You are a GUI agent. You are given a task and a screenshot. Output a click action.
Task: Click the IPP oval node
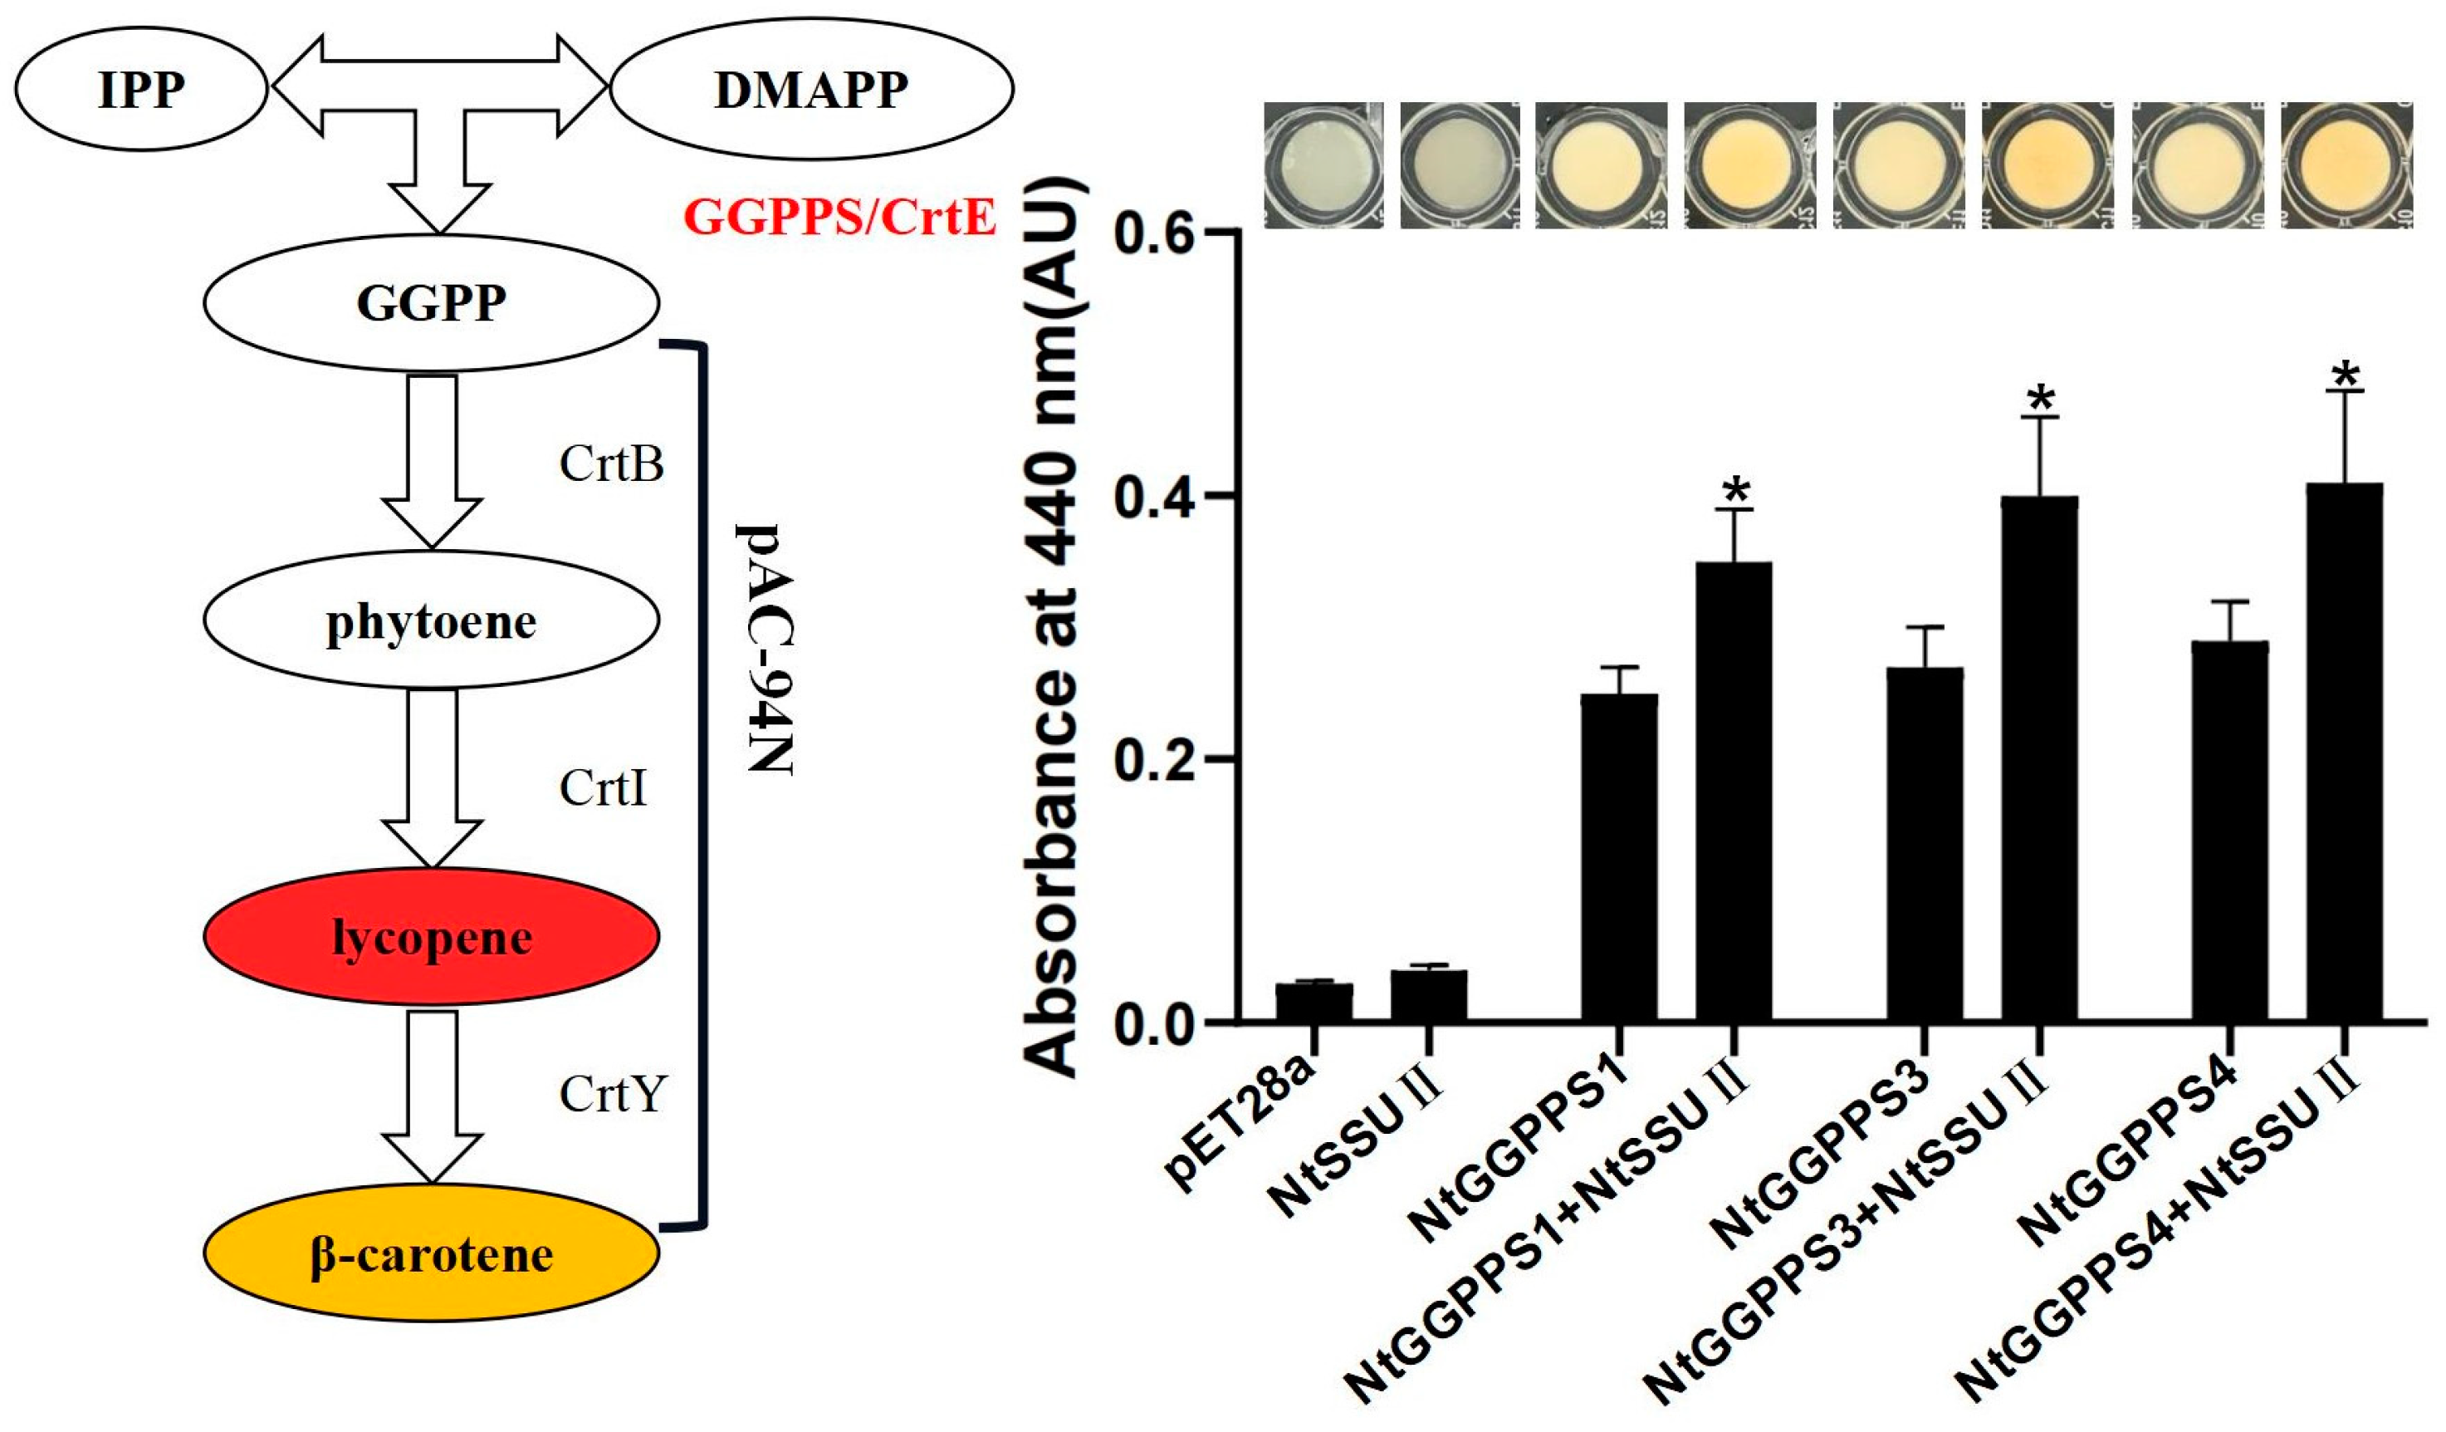point(141,88)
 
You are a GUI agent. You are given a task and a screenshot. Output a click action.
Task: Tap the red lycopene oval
point(431,937)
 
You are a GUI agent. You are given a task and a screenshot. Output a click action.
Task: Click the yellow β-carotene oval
point(431,1253)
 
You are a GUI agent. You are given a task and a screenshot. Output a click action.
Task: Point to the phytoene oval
point(431,620)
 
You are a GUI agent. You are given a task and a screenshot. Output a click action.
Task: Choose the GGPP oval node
point(431,302)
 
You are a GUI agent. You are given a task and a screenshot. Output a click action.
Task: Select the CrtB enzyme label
point(611,464)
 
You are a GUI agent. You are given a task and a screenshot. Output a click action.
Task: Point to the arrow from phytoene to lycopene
point(432,777)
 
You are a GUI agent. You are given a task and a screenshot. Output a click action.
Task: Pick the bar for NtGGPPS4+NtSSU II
point(2344,753)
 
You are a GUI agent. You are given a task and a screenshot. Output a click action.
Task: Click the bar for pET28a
point(1314,1002)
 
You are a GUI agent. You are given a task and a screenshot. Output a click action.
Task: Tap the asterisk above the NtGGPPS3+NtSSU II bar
point(2040,399)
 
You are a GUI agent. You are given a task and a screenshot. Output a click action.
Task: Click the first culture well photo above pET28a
point(1323,166)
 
